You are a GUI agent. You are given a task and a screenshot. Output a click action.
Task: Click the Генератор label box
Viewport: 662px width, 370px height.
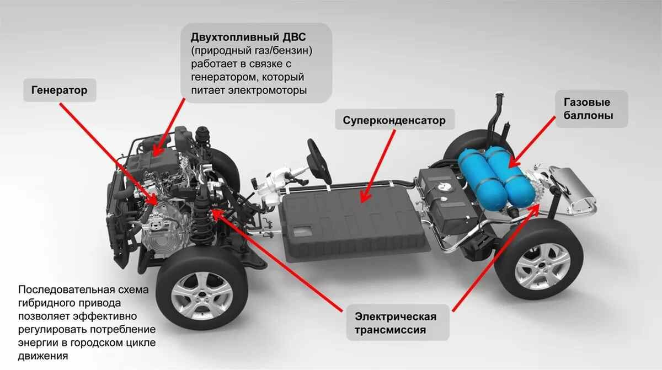click(x=60, y=90)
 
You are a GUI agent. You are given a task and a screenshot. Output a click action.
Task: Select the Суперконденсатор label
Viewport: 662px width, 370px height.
click(x=394, y=120)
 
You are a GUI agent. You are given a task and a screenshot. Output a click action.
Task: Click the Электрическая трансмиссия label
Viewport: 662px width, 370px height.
click(x=396, y=323)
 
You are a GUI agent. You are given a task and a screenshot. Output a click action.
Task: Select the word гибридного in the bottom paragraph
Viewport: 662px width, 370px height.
click(x=46, y=303)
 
